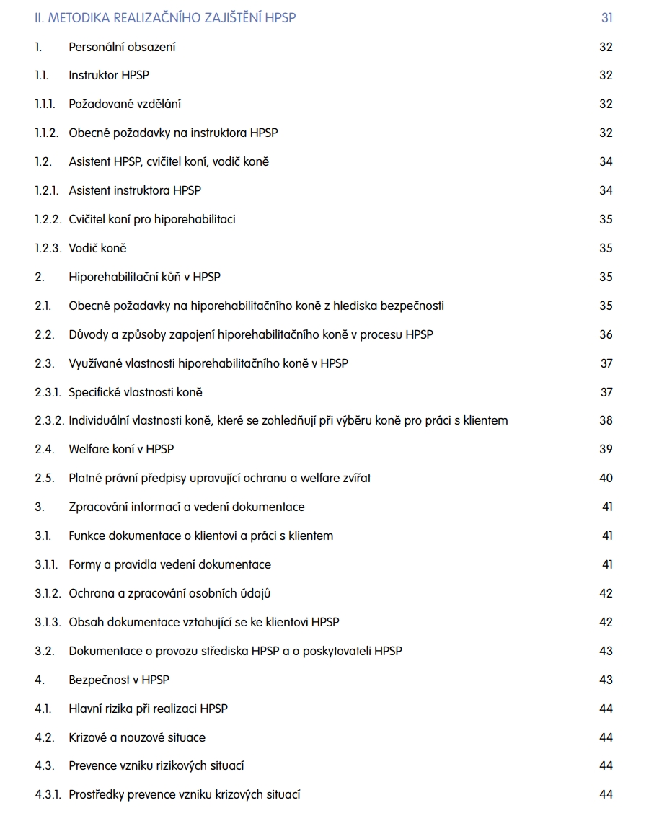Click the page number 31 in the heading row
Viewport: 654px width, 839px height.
[x=606, y=18]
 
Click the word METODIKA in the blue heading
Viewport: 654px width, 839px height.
[x=77, y=18]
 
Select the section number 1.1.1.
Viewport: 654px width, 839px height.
[x=45, y=105]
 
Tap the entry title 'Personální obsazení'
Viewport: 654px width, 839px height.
[x=122, y=48]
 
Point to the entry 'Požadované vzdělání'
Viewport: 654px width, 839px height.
[x=125, y=105]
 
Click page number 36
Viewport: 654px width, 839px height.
[x=606, y=334]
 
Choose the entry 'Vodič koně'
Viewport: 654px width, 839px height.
[x=97, y=248]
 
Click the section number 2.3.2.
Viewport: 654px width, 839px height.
[x=49, y=420]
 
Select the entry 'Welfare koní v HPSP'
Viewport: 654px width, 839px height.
[x=121, y=449]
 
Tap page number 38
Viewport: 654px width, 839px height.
[x=606, y=420]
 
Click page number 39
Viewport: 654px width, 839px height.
[x=606, y=449]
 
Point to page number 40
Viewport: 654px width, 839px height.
[x=606, y=478]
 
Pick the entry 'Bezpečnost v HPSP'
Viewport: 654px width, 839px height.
[x=119, y=680]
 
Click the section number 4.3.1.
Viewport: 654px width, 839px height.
[x=48, y=794]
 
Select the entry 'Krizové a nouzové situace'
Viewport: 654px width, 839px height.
[x=137, y=737]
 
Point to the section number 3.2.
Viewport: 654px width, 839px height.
[x=44, y=651]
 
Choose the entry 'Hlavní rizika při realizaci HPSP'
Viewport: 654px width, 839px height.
[x=148, y=709]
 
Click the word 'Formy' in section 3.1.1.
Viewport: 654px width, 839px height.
[x=85, y=564]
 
